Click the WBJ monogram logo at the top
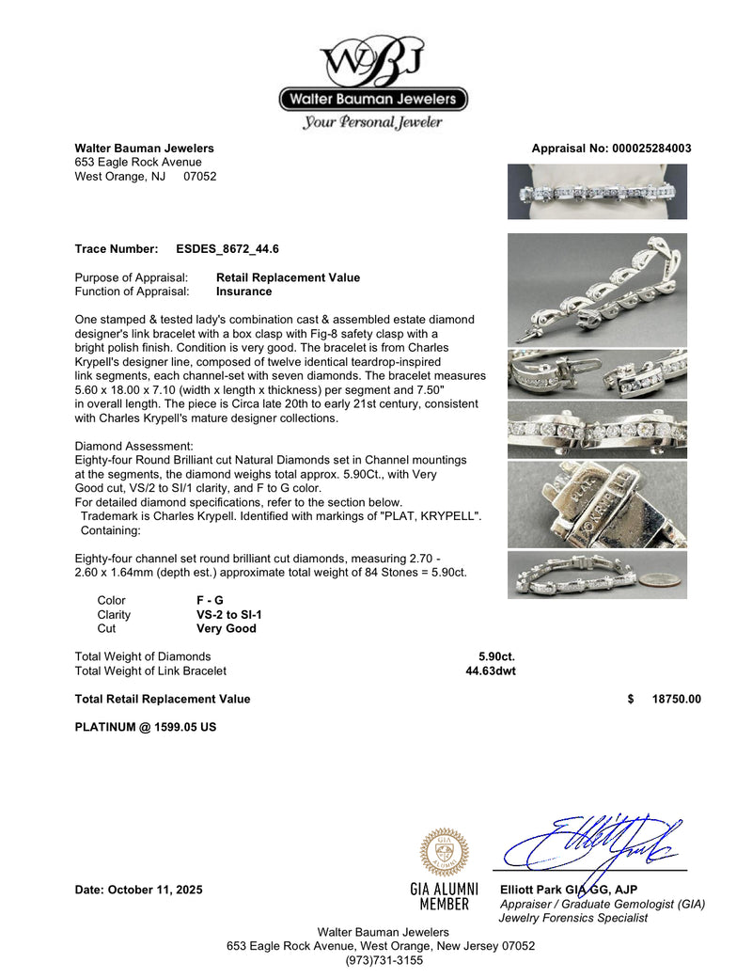373,60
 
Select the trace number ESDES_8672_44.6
227,249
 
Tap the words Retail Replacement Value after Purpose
288,277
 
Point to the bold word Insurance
243,292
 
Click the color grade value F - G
210,600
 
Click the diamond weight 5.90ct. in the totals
496,656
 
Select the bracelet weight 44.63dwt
491,670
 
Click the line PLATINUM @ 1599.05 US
145,727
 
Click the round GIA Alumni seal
444,852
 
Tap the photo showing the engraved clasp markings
597,504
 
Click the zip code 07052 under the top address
199,176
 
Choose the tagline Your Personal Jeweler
372,122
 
